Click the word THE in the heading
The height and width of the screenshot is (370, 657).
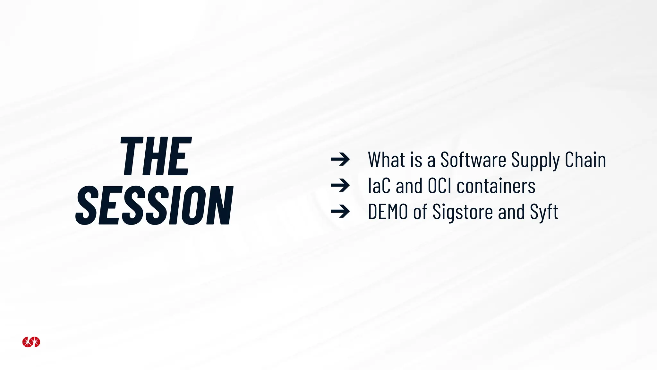point(156,156)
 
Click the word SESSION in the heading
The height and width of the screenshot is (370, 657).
point(154,205)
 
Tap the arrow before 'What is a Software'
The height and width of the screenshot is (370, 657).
point(340,159)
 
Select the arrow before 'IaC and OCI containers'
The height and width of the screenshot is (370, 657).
point(340,185)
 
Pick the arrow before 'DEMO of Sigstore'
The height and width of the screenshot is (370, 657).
point(340,211)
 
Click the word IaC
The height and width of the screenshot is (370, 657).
point(379,186)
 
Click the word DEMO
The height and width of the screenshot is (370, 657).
point(388,212)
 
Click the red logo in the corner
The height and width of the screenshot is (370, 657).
point(31,342)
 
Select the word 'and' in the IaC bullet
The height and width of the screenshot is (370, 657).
point(409,186)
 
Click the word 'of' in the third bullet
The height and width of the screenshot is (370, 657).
point(420,212)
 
